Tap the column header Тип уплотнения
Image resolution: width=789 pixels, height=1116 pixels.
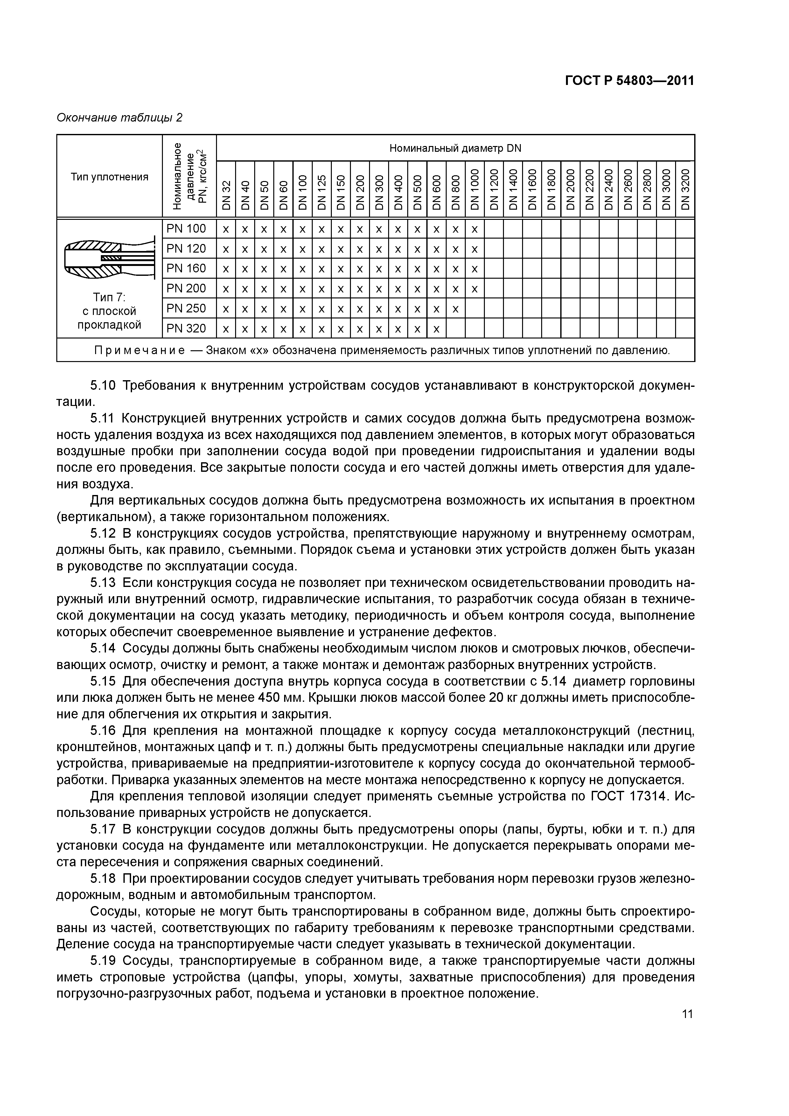[x=109, y=177]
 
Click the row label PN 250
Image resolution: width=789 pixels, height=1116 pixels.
[x=186, y=308]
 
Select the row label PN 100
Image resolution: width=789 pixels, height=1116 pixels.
[x=186, y=228]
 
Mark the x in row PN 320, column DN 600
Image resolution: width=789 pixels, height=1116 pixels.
[x=436, y=329]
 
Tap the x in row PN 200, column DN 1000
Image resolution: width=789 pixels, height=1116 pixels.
[x=474, y=289]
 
